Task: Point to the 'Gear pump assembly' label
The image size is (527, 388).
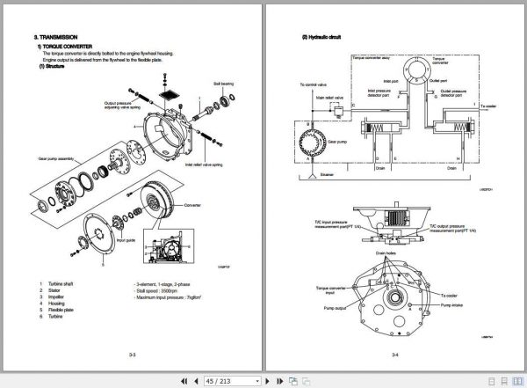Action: (x=56, y=160)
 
